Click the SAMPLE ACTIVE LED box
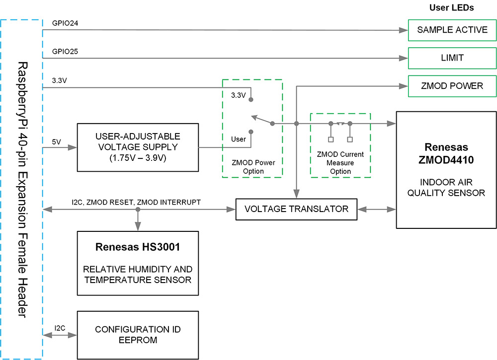pyautogui.click(x=452, y=30)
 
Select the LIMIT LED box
pyautogui.click(x=452, y=58)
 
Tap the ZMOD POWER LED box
pyautogui.click(x=452, y=86)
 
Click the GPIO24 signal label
pyautogui.click(x=65, y=23)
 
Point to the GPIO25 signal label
pyautogui.click(x=65, y=51)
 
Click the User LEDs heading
pyautogui.click(x=451, y=8)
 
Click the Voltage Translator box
pyautogui.click(x=297, y=209)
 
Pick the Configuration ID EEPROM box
pyautogui.click(x=138, y=335)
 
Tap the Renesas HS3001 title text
pyautogui.click(x=138, y=247)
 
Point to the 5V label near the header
pyautogui.click(x=57, y=142)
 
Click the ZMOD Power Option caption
pyautogui.click(x=252, y=166)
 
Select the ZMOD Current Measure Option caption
pyautogui.click(x=340, y=163)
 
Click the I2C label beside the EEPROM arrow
pyautogui.click(x=60, y=328)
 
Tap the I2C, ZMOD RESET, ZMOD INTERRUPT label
pyautogui.click(x=136, y=202)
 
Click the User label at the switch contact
pyautogui.click(x=239, y=139)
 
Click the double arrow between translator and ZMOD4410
pyautogui.click(x=377, y=210)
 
